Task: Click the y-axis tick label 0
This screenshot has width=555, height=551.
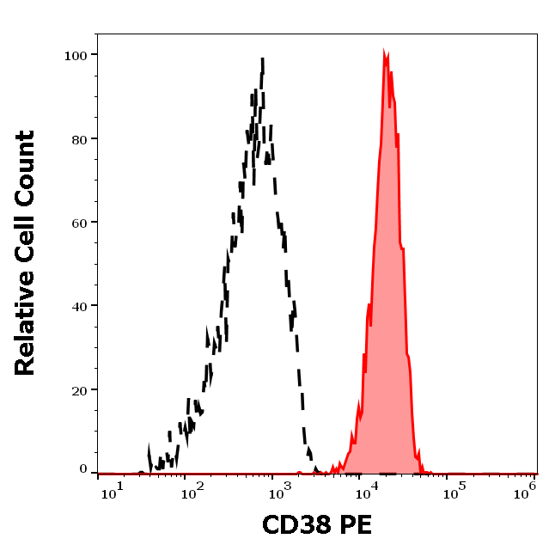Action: click(83, 470)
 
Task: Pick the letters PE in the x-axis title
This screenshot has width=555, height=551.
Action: click(356, 525)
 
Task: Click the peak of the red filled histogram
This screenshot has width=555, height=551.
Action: click(386, 53)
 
